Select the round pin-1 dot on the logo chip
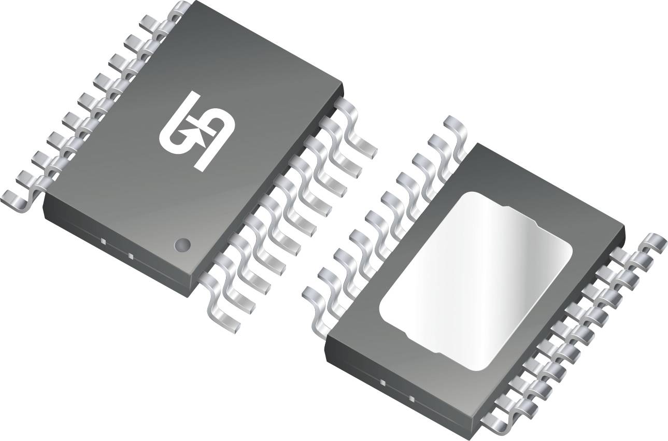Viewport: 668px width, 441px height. [182, 244]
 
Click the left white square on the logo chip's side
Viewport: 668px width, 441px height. [104, 241]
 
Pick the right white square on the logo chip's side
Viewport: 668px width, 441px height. [130, 255]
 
